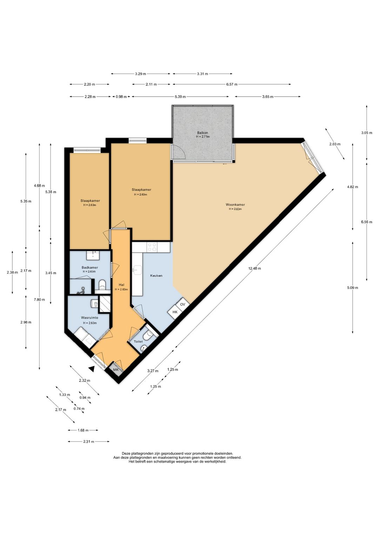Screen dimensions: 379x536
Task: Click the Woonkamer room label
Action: [x=235, y=204]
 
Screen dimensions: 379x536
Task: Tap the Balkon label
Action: [x=202, y=132]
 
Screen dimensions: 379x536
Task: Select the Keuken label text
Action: [x=156, y=276]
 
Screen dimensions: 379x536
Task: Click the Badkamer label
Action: [x=90, y=268]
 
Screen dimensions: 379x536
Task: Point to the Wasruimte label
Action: [x=90, y=318]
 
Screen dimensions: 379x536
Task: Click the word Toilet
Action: [x=138, y=341]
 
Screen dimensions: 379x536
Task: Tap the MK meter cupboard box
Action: [x=116, y=370]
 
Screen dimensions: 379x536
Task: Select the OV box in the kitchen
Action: [x=183, y=305]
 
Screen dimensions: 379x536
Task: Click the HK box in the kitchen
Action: [x=175, y=312]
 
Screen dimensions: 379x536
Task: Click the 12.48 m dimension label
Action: [x=254, y=268]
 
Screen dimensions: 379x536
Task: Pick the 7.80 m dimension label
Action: [x=39, y=300]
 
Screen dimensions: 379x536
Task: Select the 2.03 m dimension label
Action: [x=335, y=144]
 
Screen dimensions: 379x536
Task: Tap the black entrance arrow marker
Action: [x=92, y=369]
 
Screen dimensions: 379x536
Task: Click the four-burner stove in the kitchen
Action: [x=152, y=247]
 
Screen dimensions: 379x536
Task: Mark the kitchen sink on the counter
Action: [x=137, y=270]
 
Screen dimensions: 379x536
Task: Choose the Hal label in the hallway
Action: [x=121, y=285]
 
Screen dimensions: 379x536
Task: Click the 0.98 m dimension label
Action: [x=121, y=97]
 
